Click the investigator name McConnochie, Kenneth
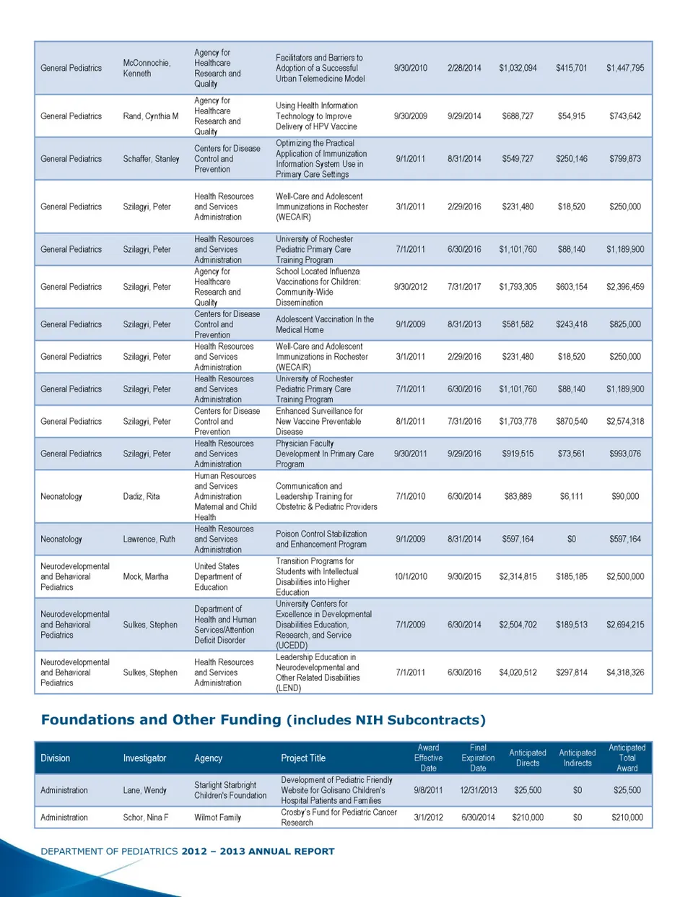click(147, 68)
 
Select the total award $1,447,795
click(625, 68)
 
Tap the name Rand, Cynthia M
click(150, 116)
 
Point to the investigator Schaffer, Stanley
click(151, 159)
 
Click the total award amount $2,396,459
click(625, 287)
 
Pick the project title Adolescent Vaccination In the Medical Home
click(324, 324)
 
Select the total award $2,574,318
click(625, 421)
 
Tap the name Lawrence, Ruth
click(149, 539)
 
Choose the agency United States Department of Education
click(217, 576)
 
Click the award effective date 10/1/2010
click(410, 576)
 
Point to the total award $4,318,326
click(625, 672)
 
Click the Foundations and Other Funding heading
click(263, 720)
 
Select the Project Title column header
click(303, 758)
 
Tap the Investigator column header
click(144, 758)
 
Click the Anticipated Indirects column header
click(577, 758)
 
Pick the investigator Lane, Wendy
click(144, 790)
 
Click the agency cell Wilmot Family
click(217, 818)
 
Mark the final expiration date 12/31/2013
click(478, 790)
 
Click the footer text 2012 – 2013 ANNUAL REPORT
click(258, 851)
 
